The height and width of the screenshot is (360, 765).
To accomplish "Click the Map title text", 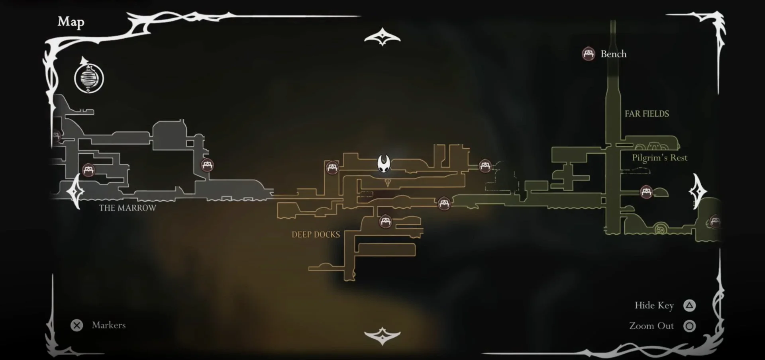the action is pos(71,22).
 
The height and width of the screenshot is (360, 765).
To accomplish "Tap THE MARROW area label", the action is pos(127,208).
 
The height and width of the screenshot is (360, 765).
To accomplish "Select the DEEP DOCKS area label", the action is pos(316,235).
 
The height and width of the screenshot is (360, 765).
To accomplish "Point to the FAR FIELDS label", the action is pos(647,114).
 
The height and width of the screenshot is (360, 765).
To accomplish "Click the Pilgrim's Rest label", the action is pos(659,158).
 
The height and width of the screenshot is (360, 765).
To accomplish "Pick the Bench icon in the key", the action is pos(588,54).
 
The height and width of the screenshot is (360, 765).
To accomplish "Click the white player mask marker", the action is pos(384,164).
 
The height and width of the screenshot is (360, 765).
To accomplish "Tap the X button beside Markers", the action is pos(76,325).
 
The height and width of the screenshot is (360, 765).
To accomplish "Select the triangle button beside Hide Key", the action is pos(689,305).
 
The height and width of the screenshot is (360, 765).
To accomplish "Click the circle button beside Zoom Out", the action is pos(689,326).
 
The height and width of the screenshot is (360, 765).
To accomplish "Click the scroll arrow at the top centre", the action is pos(382,37).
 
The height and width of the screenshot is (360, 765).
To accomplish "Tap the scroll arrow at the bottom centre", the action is pos(382,336).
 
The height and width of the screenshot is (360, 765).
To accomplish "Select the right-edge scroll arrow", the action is pos(697,191).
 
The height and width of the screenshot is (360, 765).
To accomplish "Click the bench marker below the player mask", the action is pos(385,221).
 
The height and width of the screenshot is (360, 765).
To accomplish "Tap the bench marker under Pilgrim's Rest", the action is pos(646,192).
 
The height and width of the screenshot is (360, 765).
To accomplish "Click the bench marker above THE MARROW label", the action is pos(88,170).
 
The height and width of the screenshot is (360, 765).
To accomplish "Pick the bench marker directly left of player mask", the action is pos(332,167).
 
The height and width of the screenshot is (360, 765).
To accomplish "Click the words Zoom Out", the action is pos(651,326).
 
